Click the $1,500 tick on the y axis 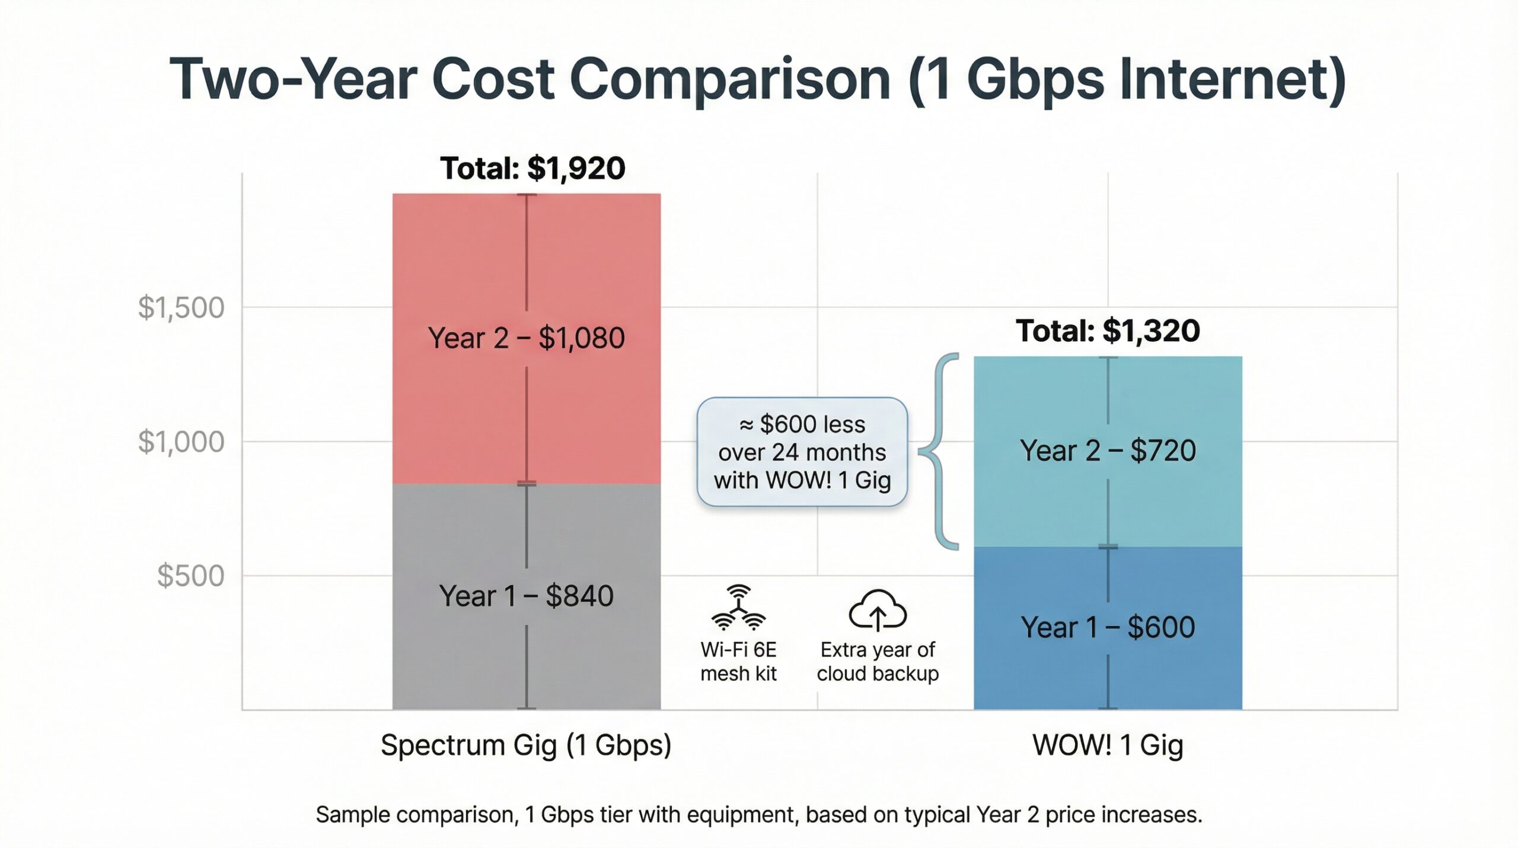point(181,307)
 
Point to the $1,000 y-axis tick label point(181,442)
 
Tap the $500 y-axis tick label point(190,576)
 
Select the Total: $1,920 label point(532,168)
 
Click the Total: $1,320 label point(1107,331)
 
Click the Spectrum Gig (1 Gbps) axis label point(526,745)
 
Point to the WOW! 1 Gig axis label point(1107,745)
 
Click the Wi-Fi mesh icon point(738,608)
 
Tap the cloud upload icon point(878,611)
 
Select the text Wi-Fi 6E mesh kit point(738,662)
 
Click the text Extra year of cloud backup point(878,662)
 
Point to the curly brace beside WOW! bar point(940,451)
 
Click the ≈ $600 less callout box point(802,452)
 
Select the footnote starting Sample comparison point(759,814)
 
